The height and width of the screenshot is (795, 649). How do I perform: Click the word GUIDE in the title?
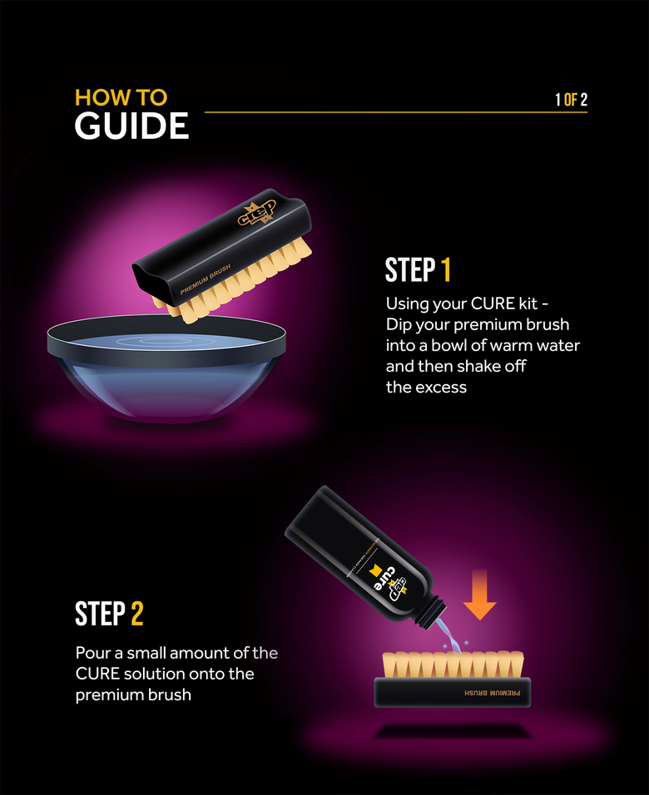point(131,126)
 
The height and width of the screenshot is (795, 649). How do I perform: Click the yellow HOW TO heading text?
point(121,96)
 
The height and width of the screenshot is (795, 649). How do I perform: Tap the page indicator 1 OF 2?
point(571,100)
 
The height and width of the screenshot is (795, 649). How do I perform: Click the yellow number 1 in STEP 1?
point(446,270)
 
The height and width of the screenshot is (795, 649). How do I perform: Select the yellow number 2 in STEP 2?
point(137,614)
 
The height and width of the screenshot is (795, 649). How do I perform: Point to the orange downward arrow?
point(480,596)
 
